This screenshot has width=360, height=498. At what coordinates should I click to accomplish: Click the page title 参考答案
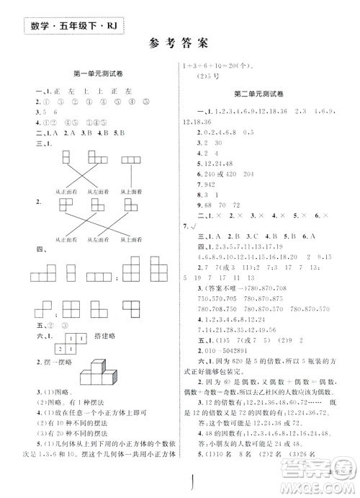pyautogui.click(x=179, y=43)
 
